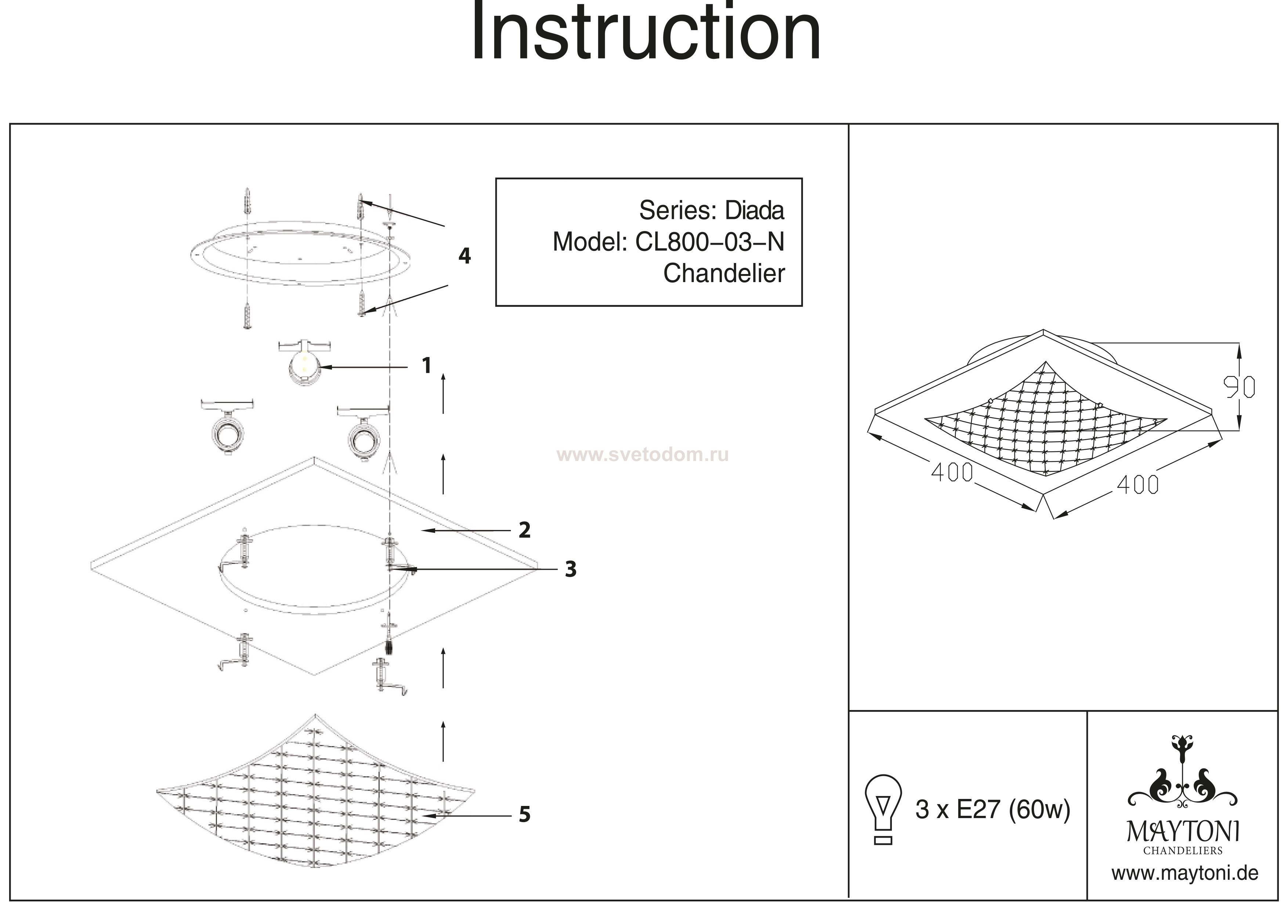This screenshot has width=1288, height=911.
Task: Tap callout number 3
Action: [571, 569]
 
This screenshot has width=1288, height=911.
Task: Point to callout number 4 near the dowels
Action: [464, 256]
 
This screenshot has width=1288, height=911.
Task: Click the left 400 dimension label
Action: [952, 473]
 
